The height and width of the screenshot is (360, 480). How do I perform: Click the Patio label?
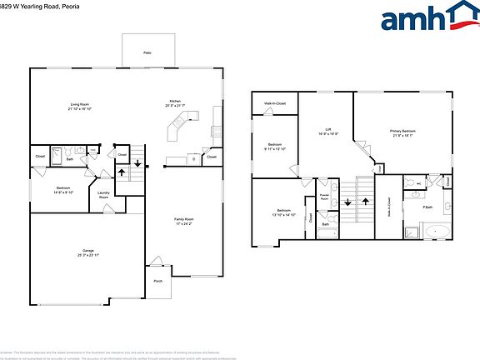tap(147, 52)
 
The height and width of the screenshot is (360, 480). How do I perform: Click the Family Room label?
tap(183, 221)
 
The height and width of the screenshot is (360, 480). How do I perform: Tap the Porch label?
tap(157, 281)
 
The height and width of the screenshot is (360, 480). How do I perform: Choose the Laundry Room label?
tap(104, 195)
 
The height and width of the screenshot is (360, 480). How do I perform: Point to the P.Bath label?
tap(427, 207)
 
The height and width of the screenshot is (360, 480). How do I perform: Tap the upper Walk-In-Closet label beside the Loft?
tap(275, 104)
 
